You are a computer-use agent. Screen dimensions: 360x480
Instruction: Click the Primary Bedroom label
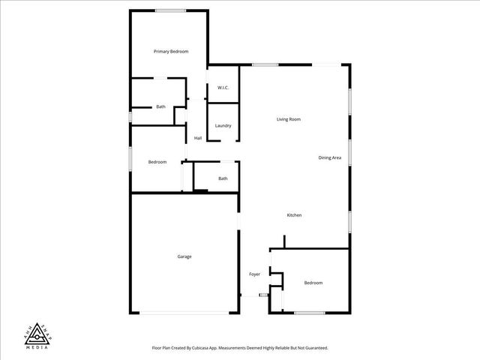pos(171,52)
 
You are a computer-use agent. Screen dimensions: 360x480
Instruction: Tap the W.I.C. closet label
pos(223,88)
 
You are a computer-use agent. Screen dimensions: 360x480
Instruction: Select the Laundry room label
pos(223,125)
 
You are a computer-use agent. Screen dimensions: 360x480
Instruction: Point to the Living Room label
pos(289,119)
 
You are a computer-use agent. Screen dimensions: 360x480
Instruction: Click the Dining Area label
pos(330,157)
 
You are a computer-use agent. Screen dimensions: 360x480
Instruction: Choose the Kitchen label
pos(295,215)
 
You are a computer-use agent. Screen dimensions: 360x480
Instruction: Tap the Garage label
pos(184,256)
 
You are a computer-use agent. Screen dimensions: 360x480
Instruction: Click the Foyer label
pos(254,274)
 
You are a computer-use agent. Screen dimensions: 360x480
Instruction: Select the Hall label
pos(198,138)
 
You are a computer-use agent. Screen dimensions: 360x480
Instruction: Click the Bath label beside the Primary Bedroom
pos(160,107)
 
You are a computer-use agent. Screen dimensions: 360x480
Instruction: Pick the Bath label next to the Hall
pos(223,178)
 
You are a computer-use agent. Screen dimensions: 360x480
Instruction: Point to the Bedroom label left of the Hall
pos(157,162)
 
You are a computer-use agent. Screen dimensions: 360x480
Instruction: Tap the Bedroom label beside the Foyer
pos(313,283)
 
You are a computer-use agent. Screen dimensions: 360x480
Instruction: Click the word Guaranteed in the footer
pos(315,348)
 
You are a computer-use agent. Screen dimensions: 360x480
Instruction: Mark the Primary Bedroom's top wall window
pos(171,10)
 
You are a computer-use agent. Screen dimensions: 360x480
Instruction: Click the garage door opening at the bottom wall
pos(184,313)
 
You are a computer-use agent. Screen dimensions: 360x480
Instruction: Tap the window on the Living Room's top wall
pos(265,64)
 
